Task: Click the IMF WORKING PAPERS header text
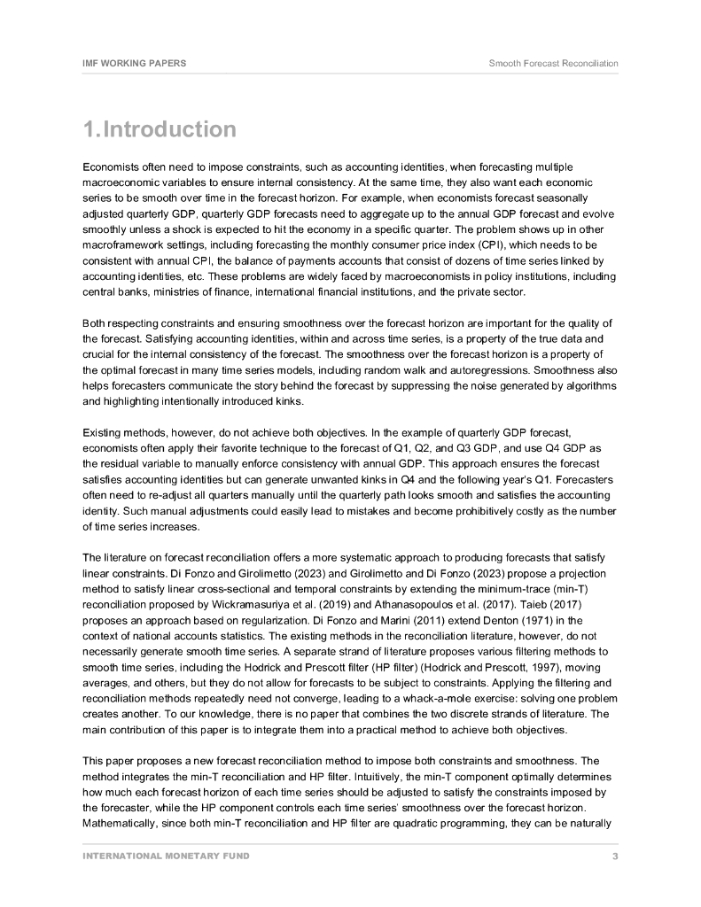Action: click(x=134, y=63)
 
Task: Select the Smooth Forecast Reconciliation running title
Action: click(x=553, y=63)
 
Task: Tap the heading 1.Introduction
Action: click(x=160, y=130)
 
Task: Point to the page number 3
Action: click(x=615, y=856)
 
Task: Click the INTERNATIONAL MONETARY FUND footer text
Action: click(x=166, y=856)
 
